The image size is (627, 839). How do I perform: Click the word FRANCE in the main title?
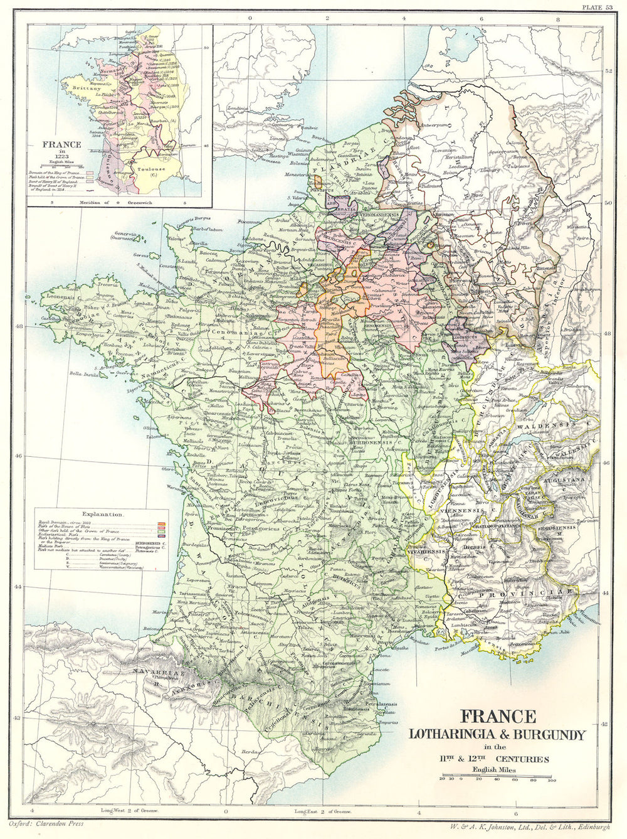tap(499, 715)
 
